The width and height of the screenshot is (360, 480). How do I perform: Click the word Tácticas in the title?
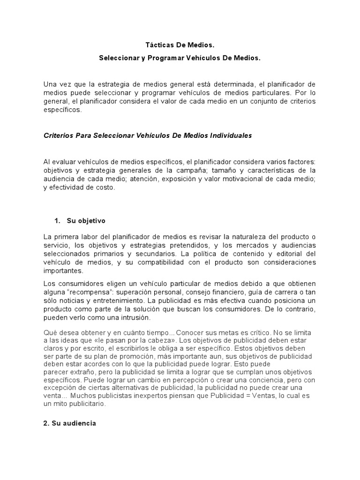click(157, 46)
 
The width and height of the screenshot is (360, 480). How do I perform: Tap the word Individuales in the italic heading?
click(231, 135)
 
